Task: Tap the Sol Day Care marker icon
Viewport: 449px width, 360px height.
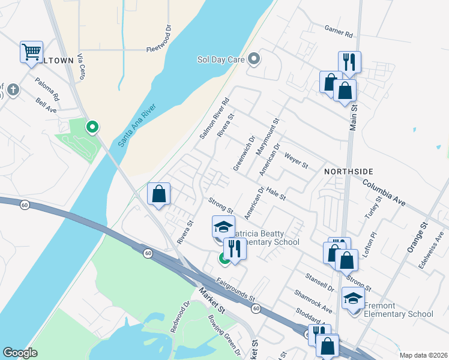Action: (x=255, y=59)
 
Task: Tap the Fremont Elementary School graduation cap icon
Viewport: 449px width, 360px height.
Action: (x=354, y=297)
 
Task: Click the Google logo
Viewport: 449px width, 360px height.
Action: (x=20, y=353)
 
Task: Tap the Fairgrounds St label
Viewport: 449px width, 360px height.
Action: (x=236, y=289)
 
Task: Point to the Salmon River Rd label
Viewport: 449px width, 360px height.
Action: (x=214, y=119)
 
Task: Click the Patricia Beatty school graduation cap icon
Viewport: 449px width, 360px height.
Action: (x=223, y=227)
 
